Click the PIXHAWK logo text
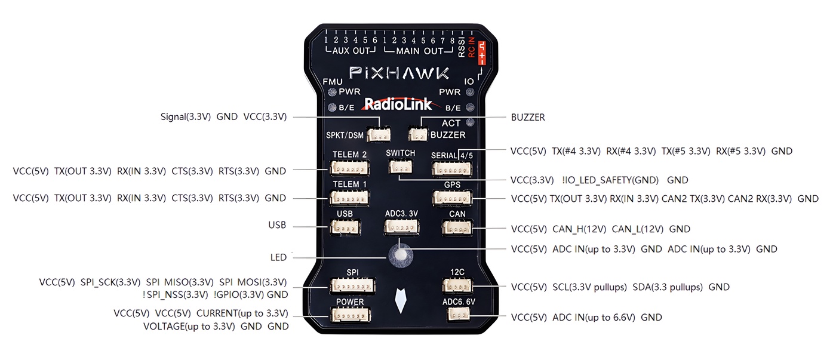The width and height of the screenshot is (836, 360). coord(399,73)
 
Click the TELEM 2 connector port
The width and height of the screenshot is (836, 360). coord(351,168)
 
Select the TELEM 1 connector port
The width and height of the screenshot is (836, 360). coord(351,198)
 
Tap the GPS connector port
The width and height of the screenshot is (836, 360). coord(453,198)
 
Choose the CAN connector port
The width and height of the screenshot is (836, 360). coord(457,227)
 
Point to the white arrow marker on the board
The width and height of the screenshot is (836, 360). coord(402,301)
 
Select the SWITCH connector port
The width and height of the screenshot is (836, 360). coord(399,167)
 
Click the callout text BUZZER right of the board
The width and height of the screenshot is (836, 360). coord(528,118)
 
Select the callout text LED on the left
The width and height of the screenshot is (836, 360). coord(278,257)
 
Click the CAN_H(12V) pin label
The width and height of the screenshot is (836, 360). coord(579,229)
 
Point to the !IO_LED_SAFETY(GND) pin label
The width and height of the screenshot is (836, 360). coord(610,180)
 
